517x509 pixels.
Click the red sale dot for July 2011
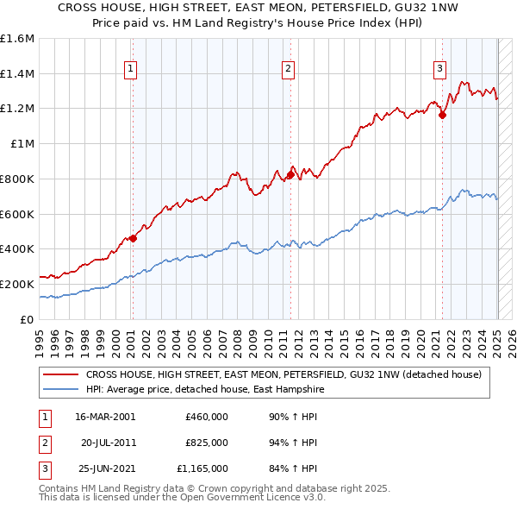click(290, 175)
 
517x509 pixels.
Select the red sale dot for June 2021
click(442, 116)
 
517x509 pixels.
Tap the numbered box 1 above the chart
click(130, 70)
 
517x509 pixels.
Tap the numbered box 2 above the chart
click(288, 70)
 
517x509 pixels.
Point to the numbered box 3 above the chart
click(439, 70)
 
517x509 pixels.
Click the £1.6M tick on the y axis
click(17, 39)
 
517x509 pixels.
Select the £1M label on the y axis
click(22, 144)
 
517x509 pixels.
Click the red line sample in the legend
click(59, 374)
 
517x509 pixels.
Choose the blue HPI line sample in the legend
click(59, 389)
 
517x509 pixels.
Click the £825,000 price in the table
click(207, 443)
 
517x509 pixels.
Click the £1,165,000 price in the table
click(202, 468)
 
